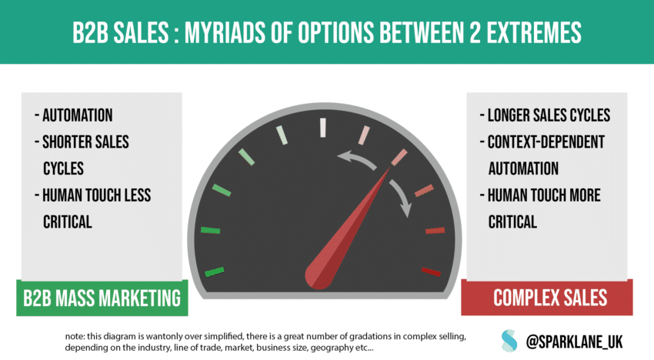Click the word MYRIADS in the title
[225, 32]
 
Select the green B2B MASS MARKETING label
[102, 298]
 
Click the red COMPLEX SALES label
[547, 298]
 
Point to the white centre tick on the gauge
[323, 128]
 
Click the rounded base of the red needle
[319, 275]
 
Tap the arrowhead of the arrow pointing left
[344, 157]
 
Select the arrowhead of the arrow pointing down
[405, 210]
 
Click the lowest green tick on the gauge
[215, 272]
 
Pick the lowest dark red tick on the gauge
[431, 272]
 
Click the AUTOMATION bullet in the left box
[73, 115]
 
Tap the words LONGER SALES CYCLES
[546, 115]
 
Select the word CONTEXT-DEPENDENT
[546, 142]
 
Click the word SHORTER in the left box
[64, 142]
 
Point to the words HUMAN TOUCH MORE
[544, 195]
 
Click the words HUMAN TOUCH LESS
[96, 195]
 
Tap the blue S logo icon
[509, 341]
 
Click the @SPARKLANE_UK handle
[574, 342]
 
